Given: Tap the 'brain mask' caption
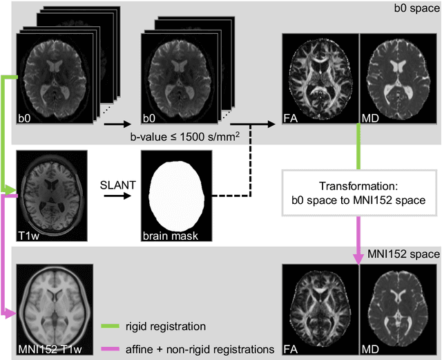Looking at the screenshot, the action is tap(169, 235).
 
